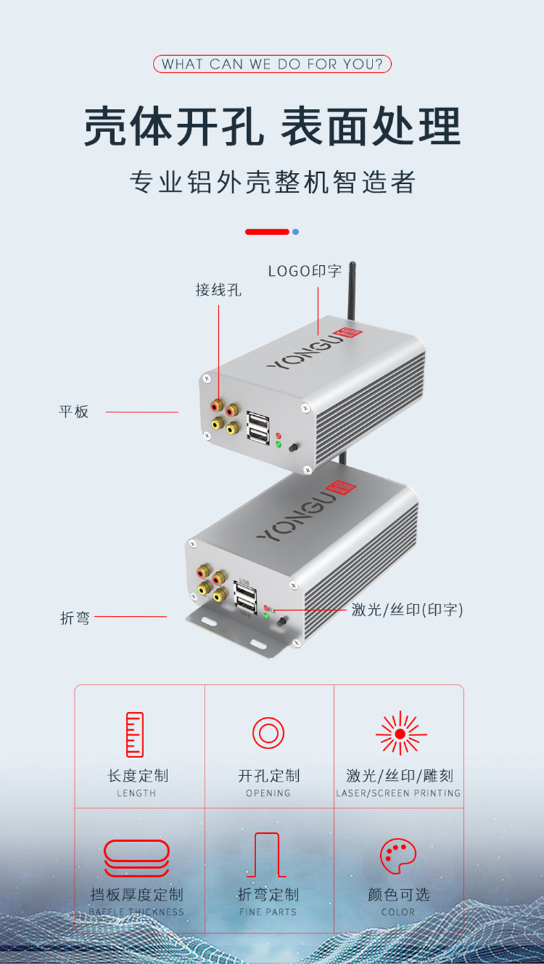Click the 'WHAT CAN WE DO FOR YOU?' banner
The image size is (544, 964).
pos(272,65)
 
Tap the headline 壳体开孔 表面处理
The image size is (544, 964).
pos(272,126)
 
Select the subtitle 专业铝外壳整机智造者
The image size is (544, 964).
pos(272,182)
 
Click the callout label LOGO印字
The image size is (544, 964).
pos(304,271)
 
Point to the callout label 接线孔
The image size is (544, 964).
pos(218,290)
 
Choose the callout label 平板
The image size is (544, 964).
pos(74,412)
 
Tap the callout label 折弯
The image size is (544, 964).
pos(75,618)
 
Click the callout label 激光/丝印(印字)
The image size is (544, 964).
pos(407,609)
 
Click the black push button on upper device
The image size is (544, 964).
pos(293,448)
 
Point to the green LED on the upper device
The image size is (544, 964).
pos(278,444)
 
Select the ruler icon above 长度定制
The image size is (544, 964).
pos(136,735)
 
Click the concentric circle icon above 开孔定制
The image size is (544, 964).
pos(269,733)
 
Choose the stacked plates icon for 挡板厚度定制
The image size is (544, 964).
pos(136,858)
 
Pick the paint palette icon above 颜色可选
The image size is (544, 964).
pos(398,856)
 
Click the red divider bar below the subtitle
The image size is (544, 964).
pos(267,232)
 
